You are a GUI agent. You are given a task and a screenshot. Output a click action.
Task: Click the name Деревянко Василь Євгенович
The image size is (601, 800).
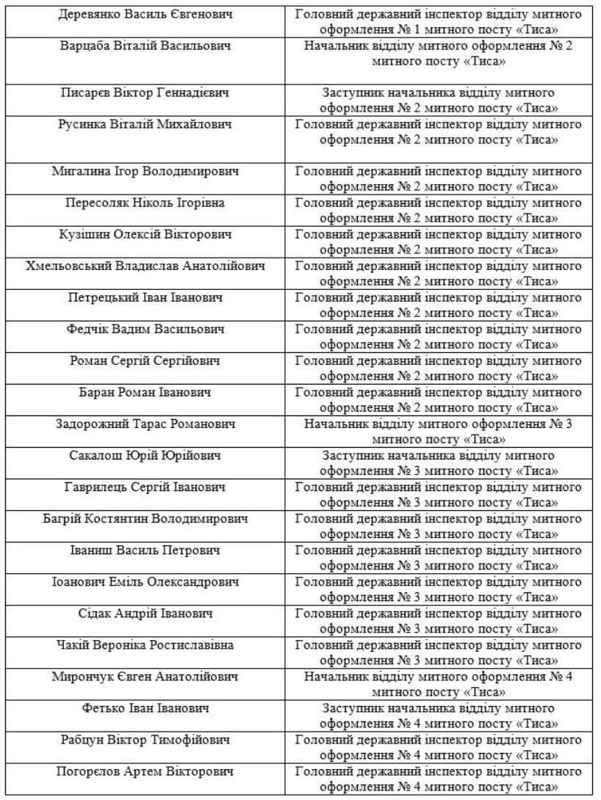(x=145, y=15)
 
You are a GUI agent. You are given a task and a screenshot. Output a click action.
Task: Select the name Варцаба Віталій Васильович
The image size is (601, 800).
(x=145, y=46)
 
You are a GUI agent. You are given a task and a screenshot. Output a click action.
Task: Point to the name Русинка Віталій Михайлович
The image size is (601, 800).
(x=145, y=125)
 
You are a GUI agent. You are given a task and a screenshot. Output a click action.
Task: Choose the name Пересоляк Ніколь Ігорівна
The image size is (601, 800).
(x=145, y=203)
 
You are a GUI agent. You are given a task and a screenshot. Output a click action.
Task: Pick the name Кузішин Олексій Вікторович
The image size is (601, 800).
(x=145, y=235)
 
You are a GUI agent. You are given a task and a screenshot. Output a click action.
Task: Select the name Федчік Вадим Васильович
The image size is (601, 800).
(x=145, y=330)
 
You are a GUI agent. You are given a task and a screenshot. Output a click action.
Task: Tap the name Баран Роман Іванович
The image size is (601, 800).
(x=145, y=393)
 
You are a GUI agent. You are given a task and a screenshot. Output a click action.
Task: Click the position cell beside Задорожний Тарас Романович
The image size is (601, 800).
(x=439, y=432)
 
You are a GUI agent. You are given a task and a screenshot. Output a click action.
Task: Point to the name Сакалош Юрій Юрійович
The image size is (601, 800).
(x=145, y=456)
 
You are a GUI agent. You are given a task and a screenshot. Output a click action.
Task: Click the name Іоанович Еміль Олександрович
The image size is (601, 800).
(x=145, y=582)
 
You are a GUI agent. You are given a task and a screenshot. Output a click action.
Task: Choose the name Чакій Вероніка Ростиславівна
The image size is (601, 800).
(x=145, y=645)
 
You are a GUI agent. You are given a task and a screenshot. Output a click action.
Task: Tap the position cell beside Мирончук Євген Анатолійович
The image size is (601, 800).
(x=439, y=684)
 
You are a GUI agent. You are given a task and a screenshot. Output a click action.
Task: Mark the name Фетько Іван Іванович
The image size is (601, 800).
(x=145, y=708)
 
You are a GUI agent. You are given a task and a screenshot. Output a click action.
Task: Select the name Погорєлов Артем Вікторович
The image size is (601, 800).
(x=145, y=771)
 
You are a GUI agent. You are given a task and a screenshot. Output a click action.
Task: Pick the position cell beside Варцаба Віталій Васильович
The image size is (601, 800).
(x=439, y=54)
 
